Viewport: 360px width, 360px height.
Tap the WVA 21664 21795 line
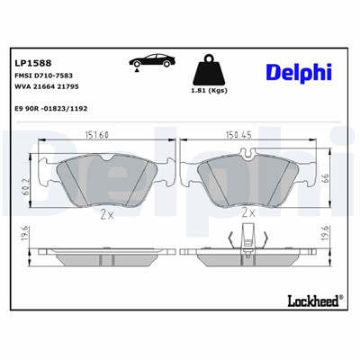coord(48,91)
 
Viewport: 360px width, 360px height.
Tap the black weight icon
coord(208,71)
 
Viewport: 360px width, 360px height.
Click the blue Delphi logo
coord(299,71)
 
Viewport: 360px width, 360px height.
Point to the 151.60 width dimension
coord(96,135)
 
